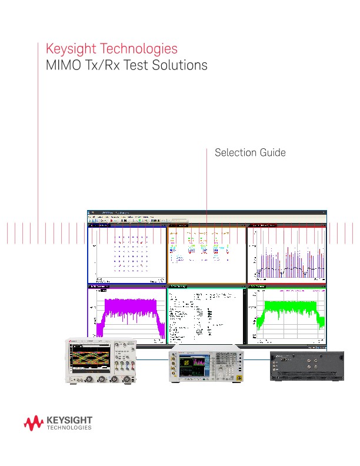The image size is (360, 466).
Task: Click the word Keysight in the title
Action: point(69,48)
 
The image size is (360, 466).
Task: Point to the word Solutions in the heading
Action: point(180,65)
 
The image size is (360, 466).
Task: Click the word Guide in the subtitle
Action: point(272,153)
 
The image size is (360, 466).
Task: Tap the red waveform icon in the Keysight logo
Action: point(34,422)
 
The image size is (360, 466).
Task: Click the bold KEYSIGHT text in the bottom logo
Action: point(68,420)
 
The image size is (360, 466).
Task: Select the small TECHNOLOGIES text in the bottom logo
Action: point(68,428)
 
